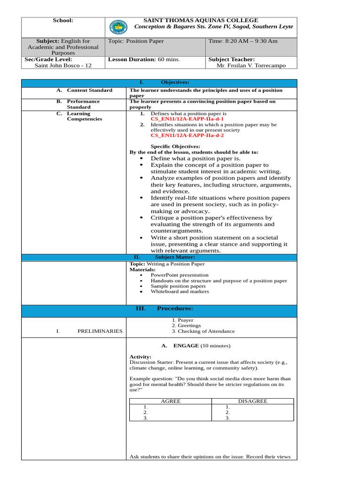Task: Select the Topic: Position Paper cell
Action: [x=136, y=41]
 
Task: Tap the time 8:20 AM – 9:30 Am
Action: [x=243, y=41]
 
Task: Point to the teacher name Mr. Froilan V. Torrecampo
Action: [x=251, y=65]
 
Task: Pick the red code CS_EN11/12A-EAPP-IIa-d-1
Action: [x=187, y=119]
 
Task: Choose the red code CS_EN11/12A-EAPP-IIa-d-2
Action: [x=187, y=136]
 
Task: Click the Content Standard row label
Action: [x=89, y=90]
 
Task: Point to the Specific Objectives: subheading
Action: [x=175, y=146]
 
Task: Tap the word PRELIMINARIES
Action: [x=100, y=331]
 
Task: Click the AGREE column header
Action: [x=171, y=401]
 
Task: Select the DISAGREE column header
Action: [x=252, y=401]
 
